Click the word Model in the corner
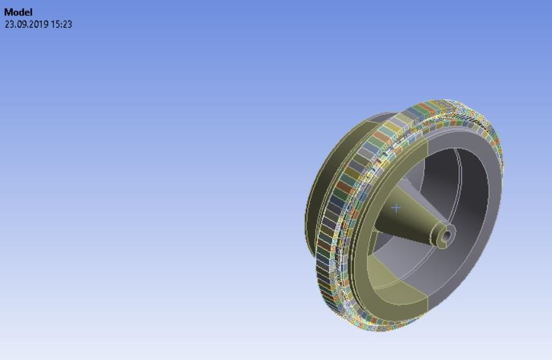click(18, 12)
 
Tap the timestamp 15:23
click(62, 24)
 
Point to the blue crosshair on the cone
click(395, 207)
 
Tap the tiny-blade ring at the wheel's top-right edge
click(477, 116)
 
